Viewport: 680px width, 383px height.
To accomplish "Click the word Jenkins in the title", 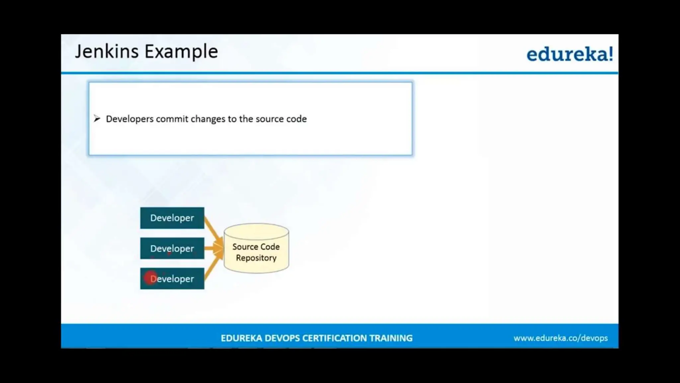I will point(107,52).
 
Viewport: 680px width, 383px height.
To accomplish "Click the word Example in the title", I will point(181,52).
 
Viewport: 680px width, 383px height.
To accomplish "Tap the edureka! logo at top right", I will point(569,54).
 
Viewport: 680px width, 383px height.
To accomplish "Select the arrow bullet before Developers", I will point(97,118).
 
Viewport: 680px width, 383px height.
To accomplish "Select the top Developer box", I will point(172,218).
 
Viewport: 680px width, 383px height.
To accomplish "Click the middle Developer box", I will point(172,248).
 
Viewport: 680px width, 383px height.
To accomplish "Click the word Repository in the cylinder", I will point(256,258).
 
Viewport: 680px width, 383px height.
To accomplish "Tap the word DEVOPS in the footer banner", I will point(282,338).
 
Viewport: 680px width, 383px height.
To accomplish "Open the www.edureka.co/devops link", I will point(560,338).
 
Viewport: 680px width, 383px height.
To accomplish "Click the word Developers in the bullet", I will point(129,119).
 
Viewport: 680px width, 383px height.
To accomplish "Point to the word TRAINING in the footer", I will point(391,338).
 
